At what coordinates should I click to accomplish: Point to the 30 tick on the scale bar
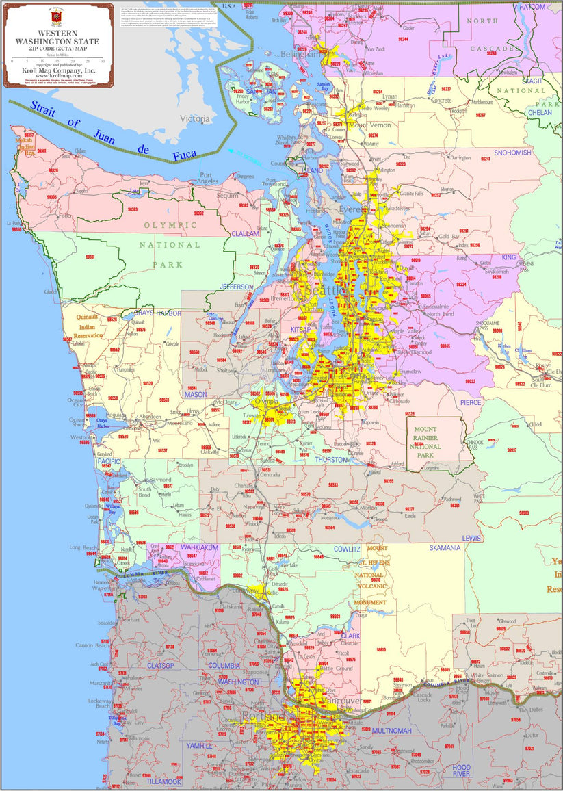click(103, 62)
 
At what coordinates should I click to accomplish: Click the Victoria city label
click(195, 118)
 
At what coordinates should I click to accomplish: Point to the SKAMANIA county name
click(445, 548)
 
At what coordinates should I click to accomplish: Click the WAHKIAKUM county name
click(180, 547)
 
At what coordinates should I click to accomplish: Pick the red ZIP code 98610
click(380, 649)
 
